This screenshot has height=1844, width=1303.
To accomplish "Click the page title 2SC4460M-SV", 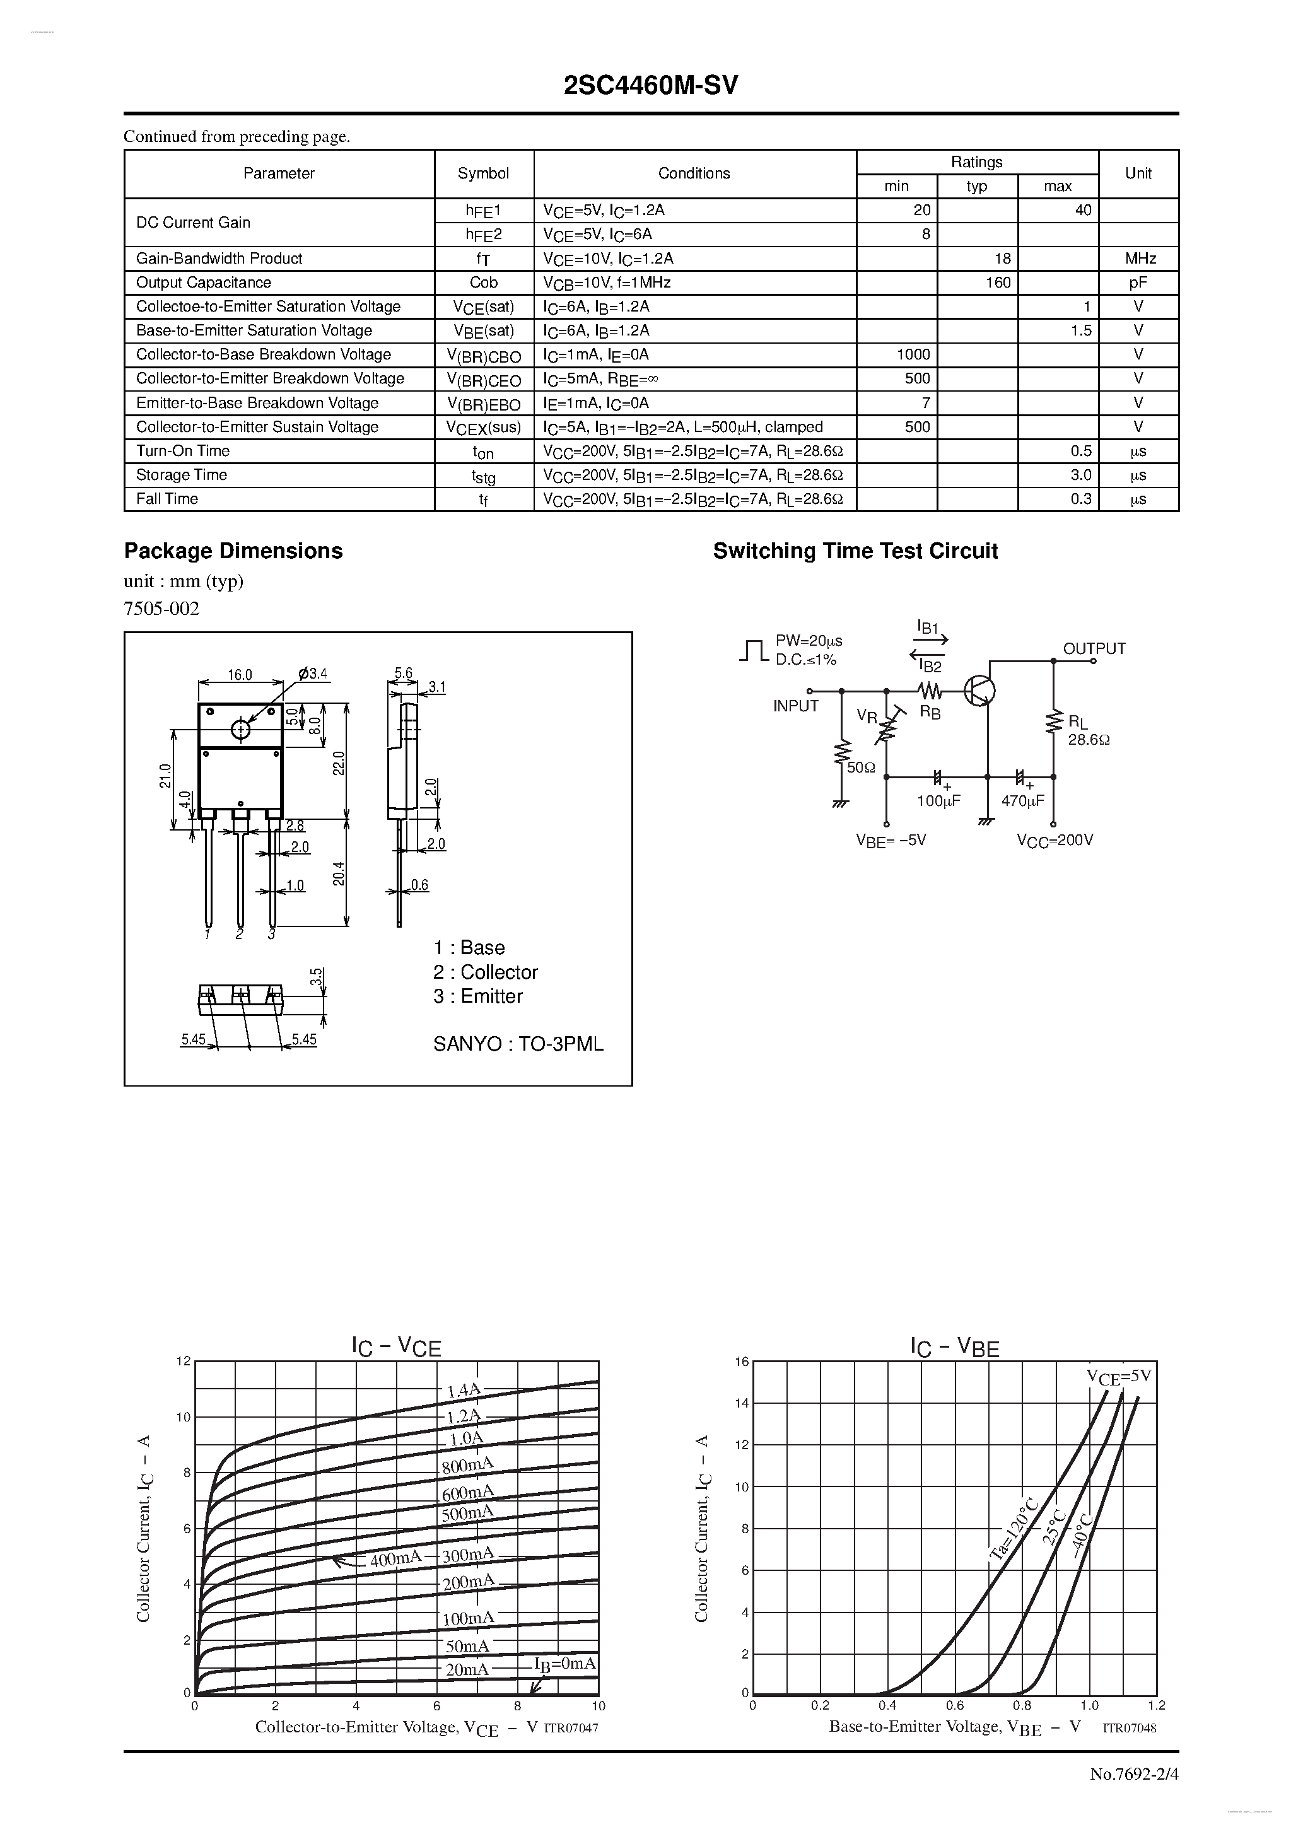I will (x=651, y=86).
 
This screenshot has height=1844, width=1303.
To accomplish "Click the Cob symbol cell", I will (x=484, y=283).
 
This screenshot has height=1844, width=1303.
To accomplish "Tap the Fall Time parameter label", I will (x=167, y=499).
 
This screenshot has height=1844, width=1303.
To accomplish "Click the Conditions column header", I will (x=694, y=173).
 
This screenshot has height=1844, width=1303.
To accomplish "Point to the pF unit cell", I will (x=1138, y=283).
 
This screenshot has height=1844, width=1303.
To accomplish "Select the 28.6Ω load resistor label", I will (x=1089, y=740).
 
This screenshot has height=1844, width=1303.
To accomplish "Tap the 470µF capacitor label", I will (x=1022, y=801).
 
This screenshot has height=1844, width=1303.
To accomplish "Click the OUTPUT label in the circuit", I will (x=1094, y=648).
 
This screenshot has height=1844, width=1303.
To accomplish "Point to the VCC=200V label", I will (x=1055, y=840).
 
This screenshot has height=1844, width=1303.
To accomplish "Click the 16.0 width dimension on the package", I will (x=240, y=675).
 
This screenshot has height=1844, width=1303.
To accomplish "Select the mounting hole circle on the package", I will (x=240, y=729).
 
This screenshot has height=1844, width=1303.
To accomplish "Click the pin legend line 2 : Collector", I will (x=485, y=972).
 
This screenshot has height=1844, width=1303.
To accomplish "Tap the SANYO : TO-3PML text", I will (x=518, y=1044).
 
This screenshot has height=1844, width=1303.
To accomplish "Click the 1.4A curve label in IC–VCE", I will (x=464, y=1390).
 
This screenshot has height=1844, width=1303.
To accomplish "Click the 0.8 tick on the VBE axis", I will (x=1022, y=1705).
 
